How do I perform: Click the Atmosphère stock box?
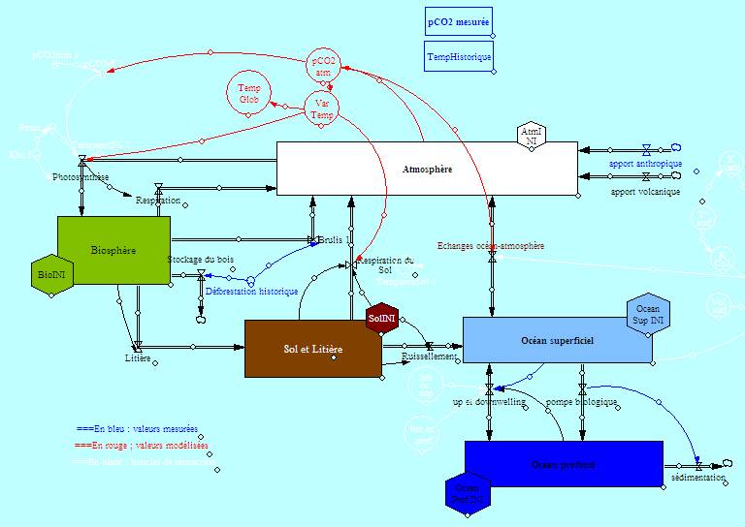coord(427,170)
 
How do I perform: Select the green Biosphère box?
coord(113,251)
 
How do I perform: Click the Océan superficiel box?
coord(557,341)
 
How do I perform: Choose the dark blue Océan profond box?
coord(564,465)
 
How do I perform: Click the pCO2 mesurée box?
coord(459,20)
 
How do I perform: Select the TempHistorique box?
coord(459,57)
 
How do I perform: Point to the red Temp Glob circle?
coord(249,93)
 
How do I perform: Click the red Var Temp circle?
coord(322,109)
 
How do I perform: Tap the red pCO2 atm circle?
coord(323,66)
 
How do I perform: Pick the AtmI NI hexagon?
coord(530,137)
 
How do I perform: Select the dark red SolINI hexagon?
coord(382,318)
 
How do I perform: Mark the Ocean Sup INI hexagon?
coord(647,314)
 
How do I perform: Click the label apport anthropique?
coord(645,164)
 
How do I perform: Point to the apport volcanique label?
coord(645,191)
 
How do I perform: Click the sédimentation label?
coord(697,479)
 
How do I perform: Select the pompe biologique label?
coord(581,401)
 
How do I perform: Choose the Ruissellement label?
coord(429,356)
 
